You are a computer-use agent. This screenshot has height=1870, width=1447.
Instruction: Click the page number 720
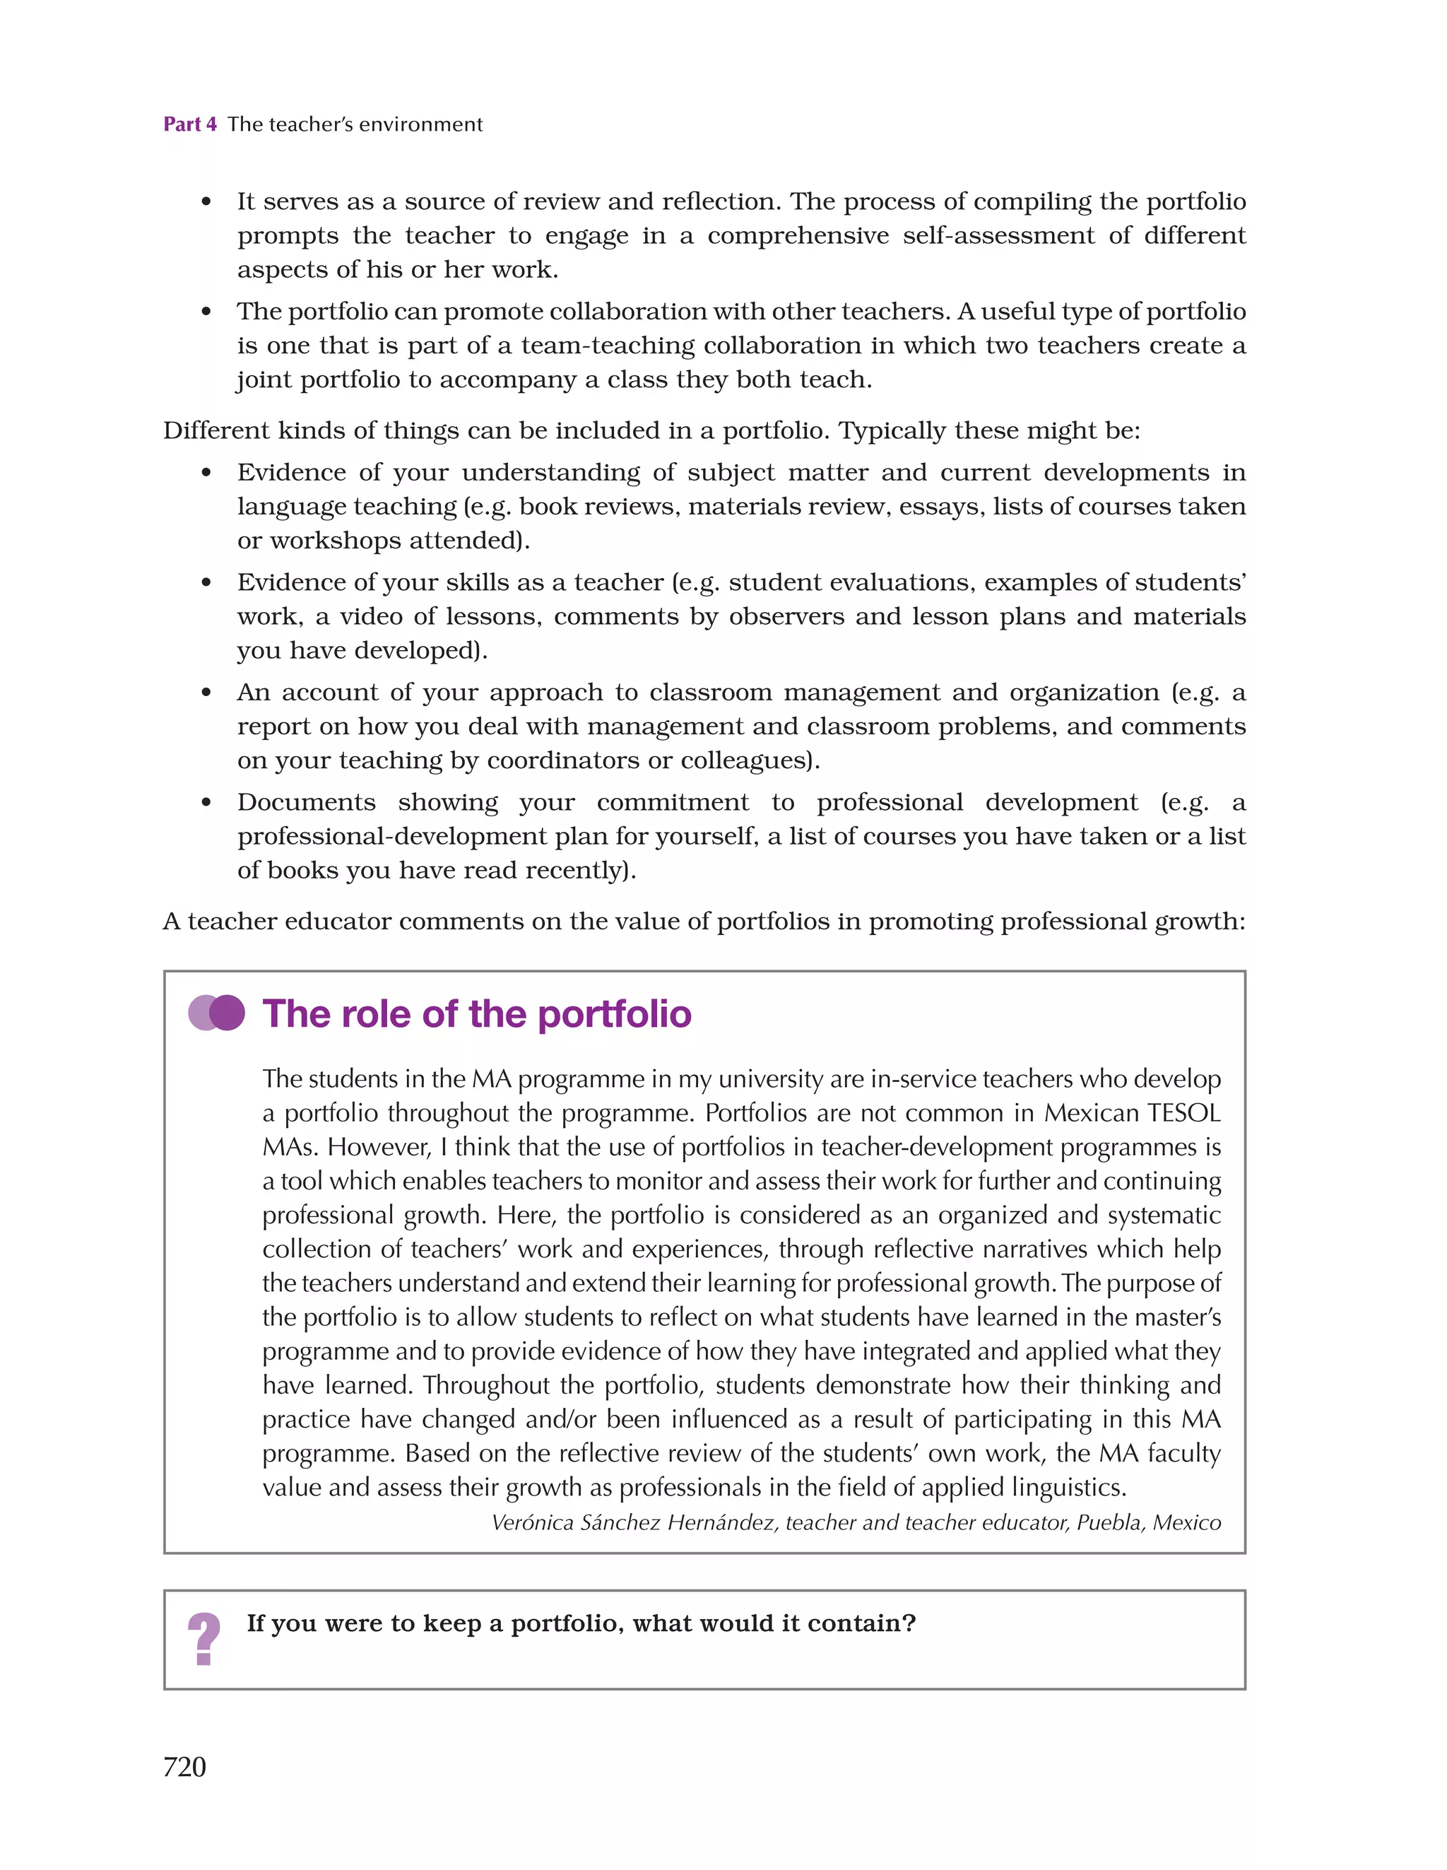184,1765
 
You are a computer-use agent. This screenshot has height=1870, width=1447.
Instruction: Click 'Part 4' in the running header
190,124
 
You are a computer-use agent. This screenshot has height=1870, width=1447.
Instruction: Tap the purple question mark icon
203,1638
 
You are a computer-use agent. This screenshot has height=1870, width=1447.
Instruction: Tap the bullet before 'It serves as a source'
206,202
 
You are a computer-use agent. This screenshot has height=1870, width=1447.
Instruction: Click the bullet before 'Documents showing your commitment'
206,802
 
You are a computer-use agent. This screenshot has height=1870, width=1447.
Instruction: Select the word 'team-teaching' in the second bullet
608,345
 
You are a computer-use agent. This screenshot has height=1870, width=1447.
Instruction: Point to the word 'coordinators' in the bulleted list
562,760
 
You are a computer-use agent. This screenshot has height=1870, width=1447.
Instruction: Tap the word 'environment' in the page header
420,124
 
